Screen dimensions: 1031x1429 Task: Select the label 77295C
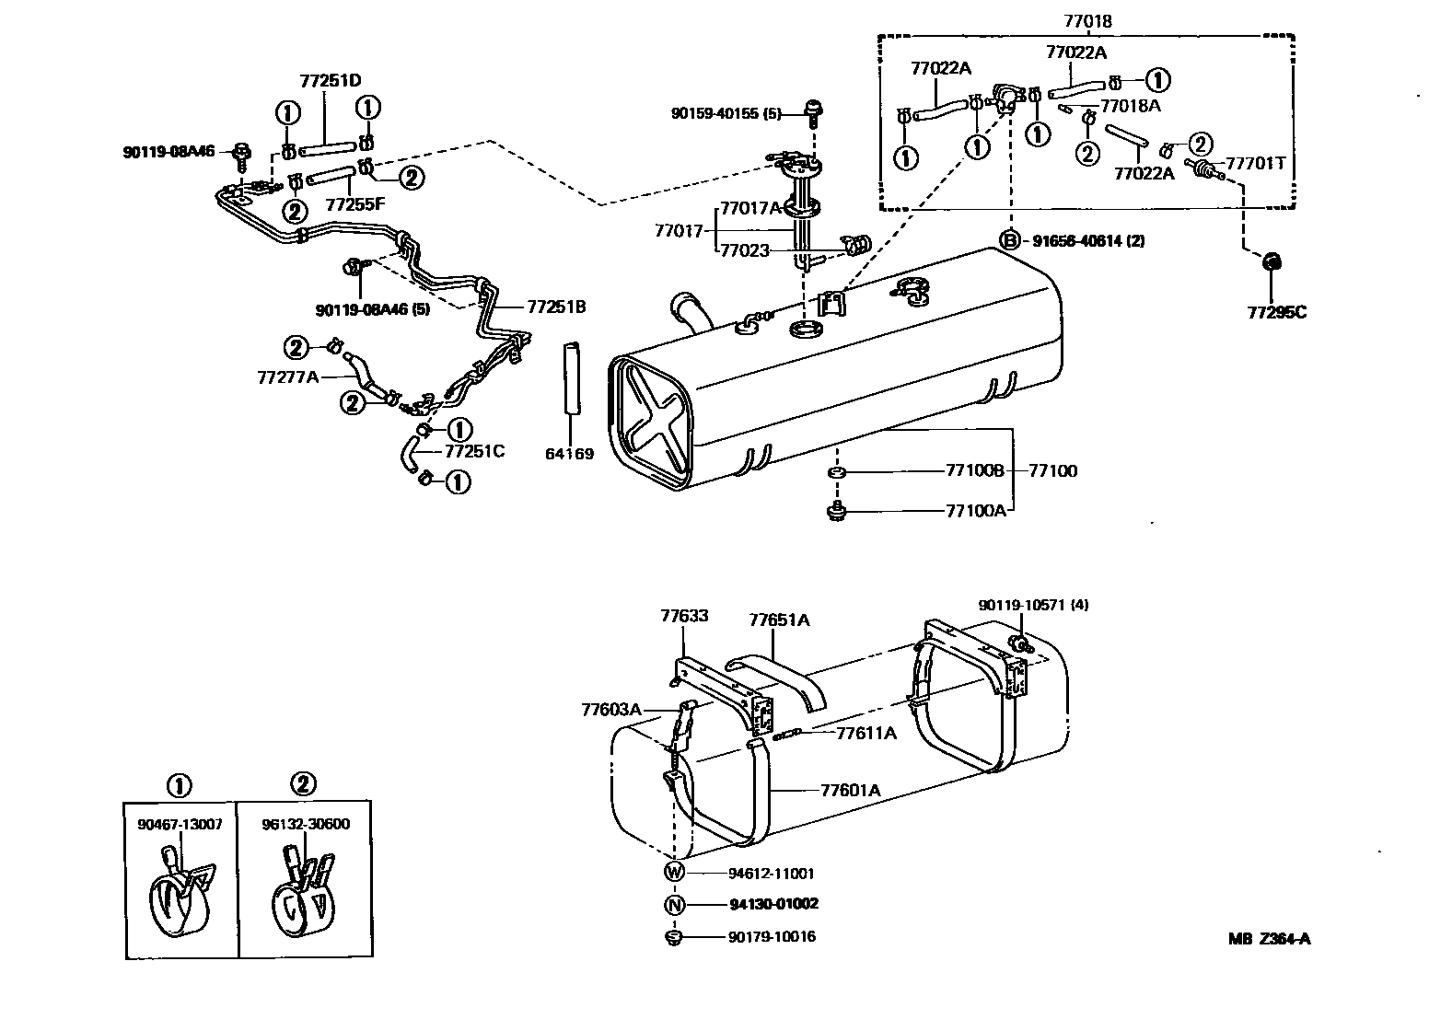pyautogui.click(x=1276, y=312)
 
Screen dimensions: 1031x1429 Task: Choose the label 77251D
pyautogui.click(x=330, y=81)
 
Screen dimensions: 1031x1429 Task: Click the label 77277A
pyautogui.click(x=287, y=376)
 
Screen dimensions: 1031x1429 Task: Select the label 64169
pyautogui.click(x=569, y=454)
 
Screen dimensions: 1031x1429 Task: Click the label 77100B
pyautogui.click(x=975, y=470)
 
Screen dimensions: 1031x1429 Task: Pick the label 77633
pyautogui.click(x=684, y=616)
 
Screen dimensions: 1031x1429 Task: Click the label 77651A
pyautogui.click(x=779, y=620)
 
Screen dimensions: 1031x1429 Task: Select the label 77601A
pyautogui.click(x=850, y=790)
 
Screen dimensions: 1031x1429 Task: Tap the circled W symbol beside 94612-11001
pyautogui.click(x=675, y=873)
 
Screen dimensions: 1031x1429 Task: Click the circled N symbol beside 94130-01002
pyautogui.click(x=675, y=904)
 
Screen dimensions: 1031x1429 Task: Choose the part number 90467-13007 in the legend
pyautogui.click(x=180, y=824)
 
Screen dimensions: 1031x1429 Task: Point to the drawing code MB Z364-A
pyautogui.click(x=1269, y=939)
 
